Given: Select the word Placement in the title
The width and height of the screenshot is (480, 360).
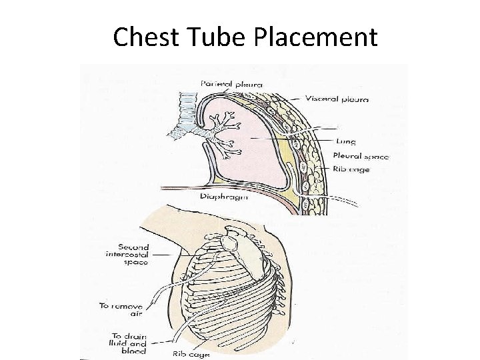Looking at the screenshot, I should pyautogui.click(x=315, y=37).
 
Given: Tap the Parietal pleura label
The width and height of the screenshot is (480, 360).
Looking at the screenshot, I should pyautogui.click(x=231, y=84).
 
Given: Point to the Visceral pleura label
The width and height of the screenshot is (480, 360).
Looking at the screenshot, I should pyautogui.click(x=337, y=99).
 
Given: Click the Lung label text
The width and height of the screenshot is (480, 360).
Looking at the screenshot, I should pyautogui.click(x=347, y=141).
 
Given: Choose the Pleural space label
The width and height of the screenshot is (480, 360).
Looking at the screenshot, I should pyautogui.click(x=361, y=156).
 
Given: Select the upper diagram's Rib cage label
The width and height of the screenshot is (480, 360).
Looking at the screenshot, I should pyautogui.click(x=351, y=169).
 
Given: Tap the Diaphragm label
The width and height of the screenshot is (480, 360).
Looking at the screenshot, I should pyautogui.click(x=223, y=197).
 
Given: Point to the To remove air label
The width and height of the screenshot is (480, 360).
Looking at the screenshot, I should pyautogui.click(x=121, y=309).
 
